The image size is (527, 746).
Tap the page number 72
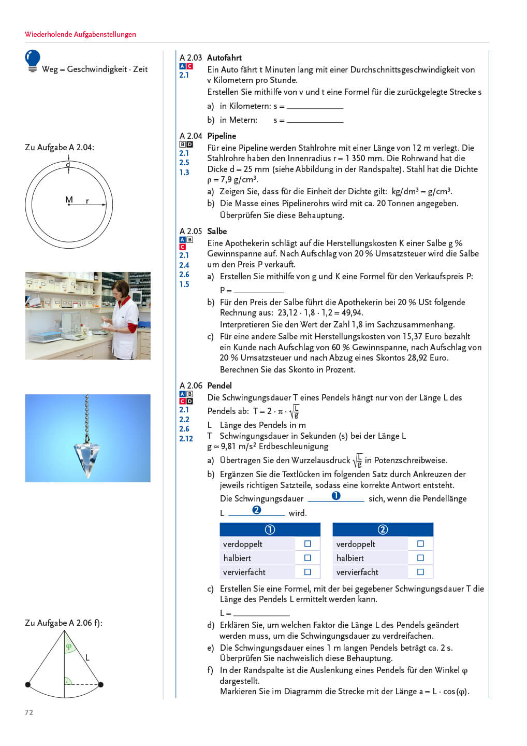tap(29, 712)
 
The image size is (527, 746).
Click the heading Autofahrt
tap(224, 58)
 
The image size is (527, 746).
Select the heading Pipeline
tap(222, 136)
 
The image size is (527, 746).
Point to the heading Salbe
tap(217, 231)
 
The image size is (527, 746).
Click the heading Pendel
tap(219, 385)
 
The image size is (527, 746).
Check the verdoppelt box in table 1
tap(308, 544)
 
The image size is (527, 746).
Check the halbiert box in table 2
tap(420, 558)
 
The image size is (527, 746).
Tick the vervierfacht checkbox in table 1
tap(308, 572)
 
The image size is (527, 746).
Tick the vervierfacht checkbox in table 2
tap(420, 572)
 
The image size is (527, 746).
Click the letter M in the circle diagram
tap(69, 199)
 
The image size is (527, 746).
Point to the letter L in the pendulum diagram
tap(87, 657)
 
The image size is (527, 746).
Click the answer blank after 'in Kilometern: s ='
tap(315, 106)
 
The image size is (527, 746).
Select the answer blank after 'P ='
tap(258, 290)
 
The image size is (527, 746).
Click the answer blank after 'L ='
tap(261, 613)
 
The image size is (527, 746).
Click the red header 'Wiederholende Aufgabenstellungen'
tap(80, 34)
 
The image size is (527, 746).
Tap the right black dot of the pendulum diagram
tap(101, 684)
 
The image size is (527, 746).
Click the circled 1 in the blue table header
tap(270, 529)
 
